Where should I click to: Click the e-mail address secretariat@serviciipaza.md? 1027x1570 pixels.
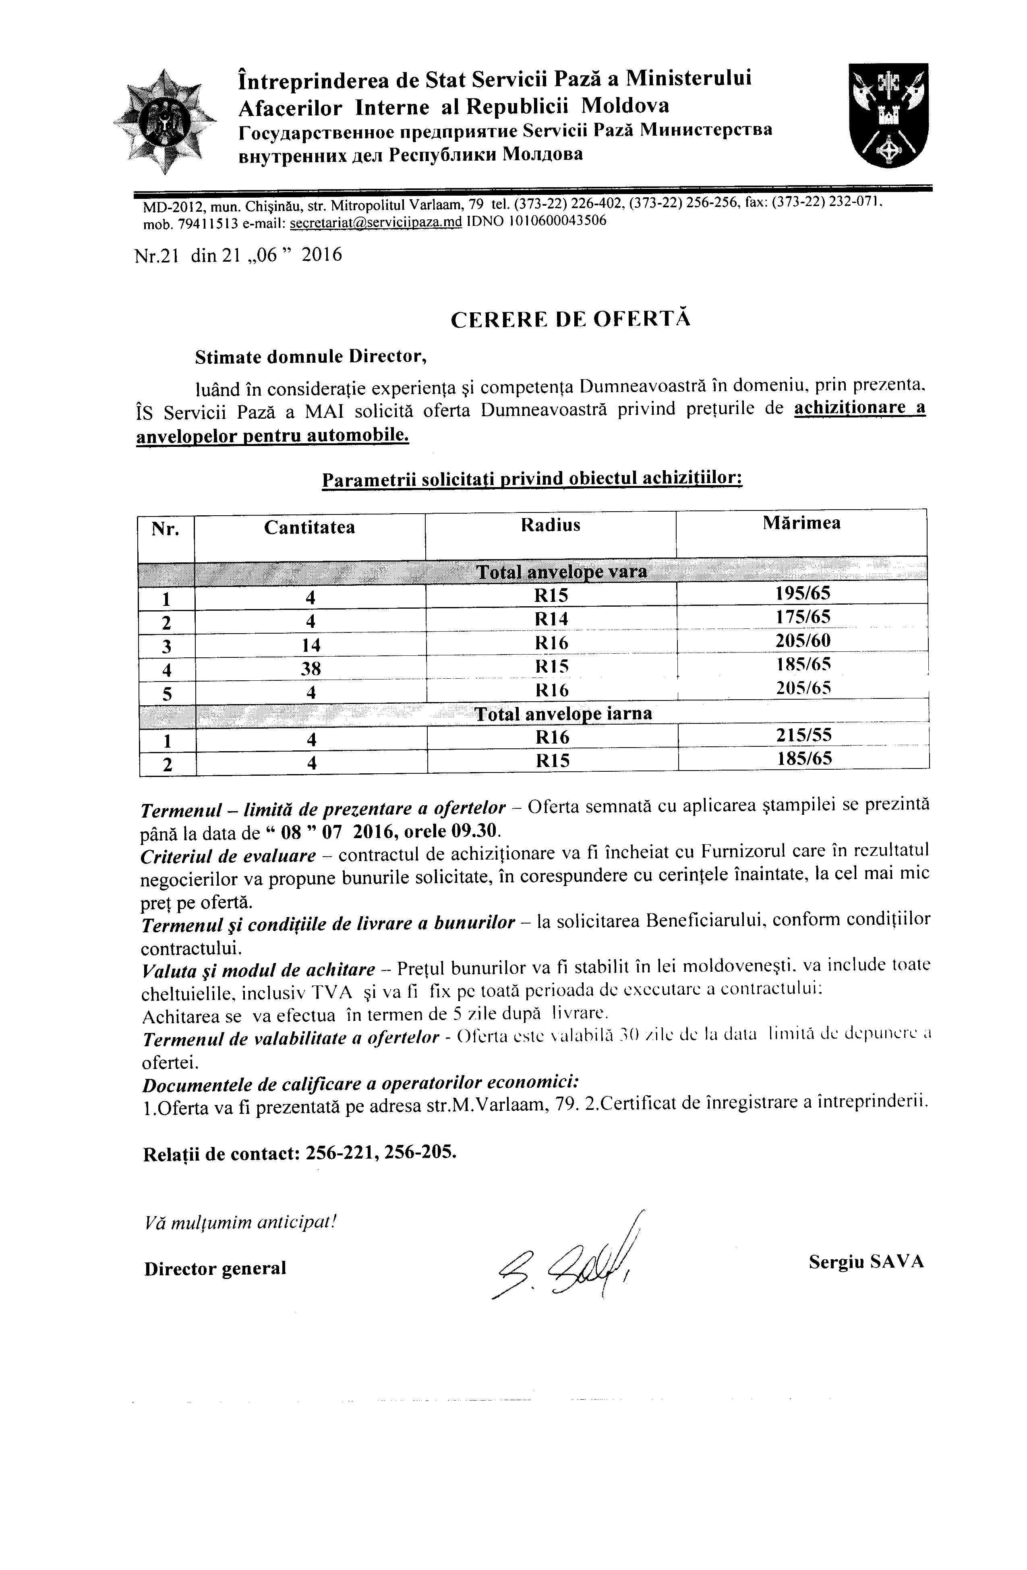tap(376, 222)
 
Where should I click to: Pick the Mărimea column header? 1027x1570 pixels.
tap(801, 523)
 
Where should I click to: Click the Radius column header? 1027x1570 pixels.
tap(551, 525)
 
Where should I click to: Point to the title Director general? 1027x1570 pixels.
tap(215, 1268)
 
